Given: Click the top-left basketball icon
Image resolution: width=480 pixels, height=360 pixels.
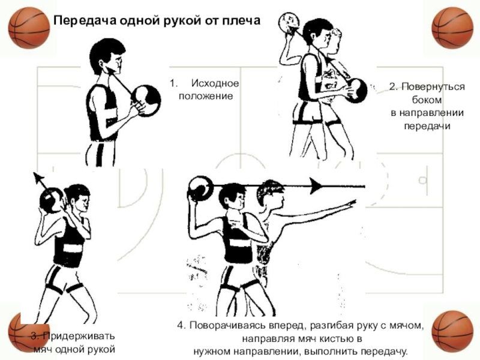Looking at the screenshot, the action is point(29,28).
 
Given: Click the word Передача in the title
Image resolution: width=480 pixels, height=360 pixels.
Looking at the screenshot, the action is point(77,21).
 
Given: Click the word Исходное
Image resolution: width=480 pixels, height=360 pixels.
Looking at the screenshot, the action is point(215,83).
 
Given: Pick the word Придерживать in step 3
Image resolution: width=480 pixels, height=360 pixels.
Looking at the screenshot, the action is point(77,337).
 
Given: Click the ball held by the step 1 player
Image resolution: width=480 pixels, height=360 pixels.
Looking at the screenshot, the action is point(146,99).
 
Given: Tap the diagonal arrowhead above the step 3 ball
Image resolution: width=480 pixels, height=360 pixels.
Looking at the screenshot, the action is point(37,177).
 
